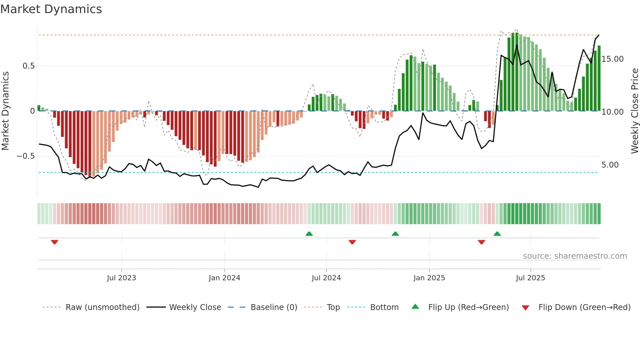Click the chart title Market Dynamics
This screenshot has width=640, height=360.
[51, 9]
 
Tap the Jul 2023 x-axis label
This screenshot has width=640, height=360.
[121, 278]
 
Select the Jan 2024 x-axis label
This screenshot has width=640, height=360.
[224, 278]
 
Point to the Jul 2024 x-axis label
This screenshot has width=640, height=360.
[326, 278]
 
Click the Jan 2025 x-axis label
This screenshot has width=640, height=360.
[429, 278]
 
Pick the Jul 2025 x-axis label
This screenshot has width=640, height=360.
[530, 278]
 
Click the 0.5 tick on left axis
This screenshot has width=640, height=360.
[28, 66]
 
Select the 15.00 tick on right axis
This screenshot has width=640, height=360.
[613, 59]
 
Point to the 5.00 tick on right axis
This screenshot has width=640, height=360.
[610, 165]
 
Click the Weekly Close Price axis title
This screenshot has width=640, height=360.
[634, 111]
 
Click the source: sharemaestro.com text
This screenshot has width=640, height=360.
[575, 256]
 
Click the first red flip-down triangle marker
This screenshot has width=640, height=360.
[55, 242]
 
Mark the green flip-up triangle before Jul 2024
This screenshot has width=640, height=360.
[309, 234]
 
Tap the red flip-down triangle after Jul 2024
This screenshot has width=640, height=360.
[352, 242]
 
